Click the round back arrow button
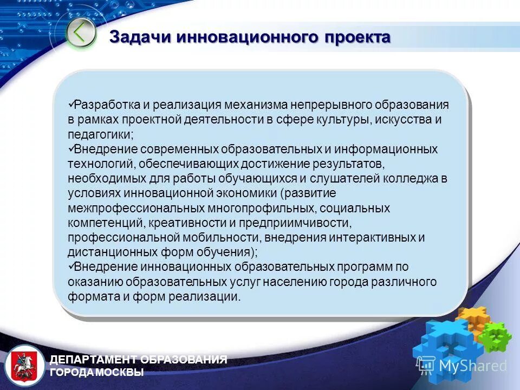(81, 33)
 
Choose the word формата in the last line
(87, 297)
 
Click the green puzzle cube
(493, 336)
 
